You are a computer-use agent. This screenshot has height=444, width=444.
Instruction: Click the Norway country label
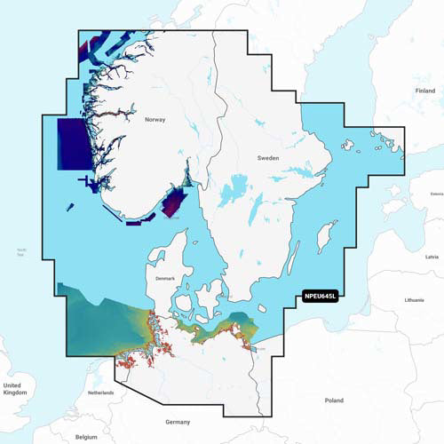pyautogui.click(x=155, y=117)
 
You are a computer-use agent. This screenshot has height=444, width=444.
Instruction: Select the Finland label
pyautogui.click(x=425, y=91)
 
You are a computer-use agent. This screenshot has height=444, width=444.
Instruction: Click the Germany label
pyautogui.click(x=178, y=421)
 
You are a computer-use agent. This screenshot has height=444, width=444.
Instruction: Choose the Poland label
pyautogui.click(x=334, y=400)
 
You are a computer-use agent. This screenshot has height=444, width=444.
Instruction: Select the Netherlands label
pyautogui.click(x=100, y=392)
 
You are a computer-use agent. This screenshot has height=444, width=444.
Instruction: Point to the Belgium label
pyautogui.click(x=86, y=437)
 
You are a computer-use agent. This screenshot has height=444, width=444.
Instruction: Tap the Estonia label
pyautogui.click(x=436, y=193)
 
